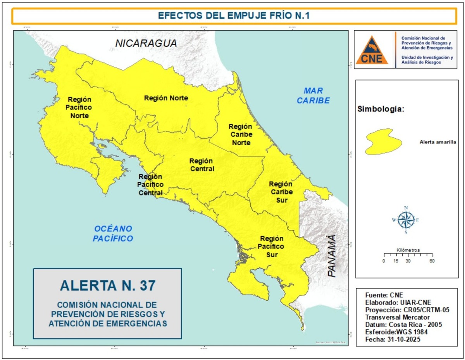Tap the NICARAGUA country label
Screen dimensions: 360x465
tap(146, 43)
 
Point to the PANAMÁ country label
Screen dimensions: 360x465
tap(332, 256)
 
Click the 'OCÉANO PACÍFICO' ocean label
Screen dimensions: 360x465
tap(113, 233)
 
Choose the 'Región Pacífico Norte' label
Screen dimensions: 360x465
tap(79, 107)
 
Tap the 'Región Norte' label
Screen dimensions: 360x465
tap(166, 98)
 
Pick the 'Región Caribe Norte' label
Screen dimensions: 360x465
tap(241, 134)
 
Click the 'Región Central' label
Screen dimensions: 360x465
tap(201, 165)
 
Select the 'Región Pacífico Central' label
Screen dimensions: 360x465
tap(150, 184)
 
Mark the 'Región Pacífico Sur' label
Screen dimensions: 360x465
tap(272, 246)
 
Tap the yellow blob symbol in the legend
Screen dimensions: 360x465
tap(383, 142)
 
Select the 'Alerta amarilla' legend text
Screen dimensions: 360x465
tap(437, 142)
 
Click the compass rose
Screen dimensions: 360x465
tap(406, 220)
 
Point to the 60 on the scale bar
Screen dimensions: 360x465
tap(432, 261)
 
